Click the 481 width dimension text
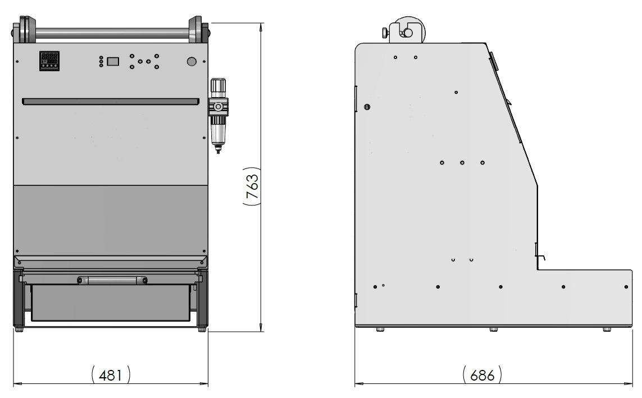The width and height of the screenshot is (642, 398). (111, 374)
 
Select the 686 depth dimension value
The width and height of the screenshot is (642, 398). (482, 374)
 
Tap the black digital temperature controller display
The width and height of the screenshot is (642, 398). (49, 61)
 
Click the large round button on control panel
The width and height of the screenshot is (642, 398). (192, 62)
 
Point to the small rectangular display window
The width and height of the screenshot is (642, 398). (113, 61)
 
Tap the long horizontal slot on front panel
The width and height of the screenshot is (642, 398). (111, 102)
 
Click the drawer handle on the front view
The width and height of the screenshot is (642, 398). (112, 280)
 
